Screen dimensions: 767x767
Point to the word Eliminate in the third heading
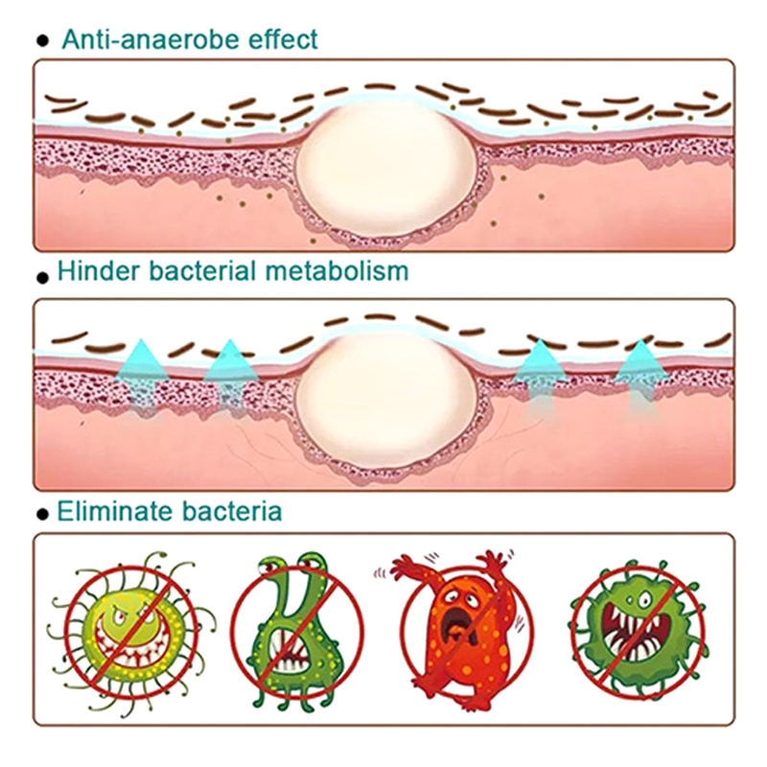(x=110, y=510)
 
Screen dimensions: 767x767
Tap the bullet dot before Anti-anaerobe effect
(x=41, y=41)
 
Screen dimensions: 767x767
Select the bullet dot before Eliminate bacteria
(x=41, y=513)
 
